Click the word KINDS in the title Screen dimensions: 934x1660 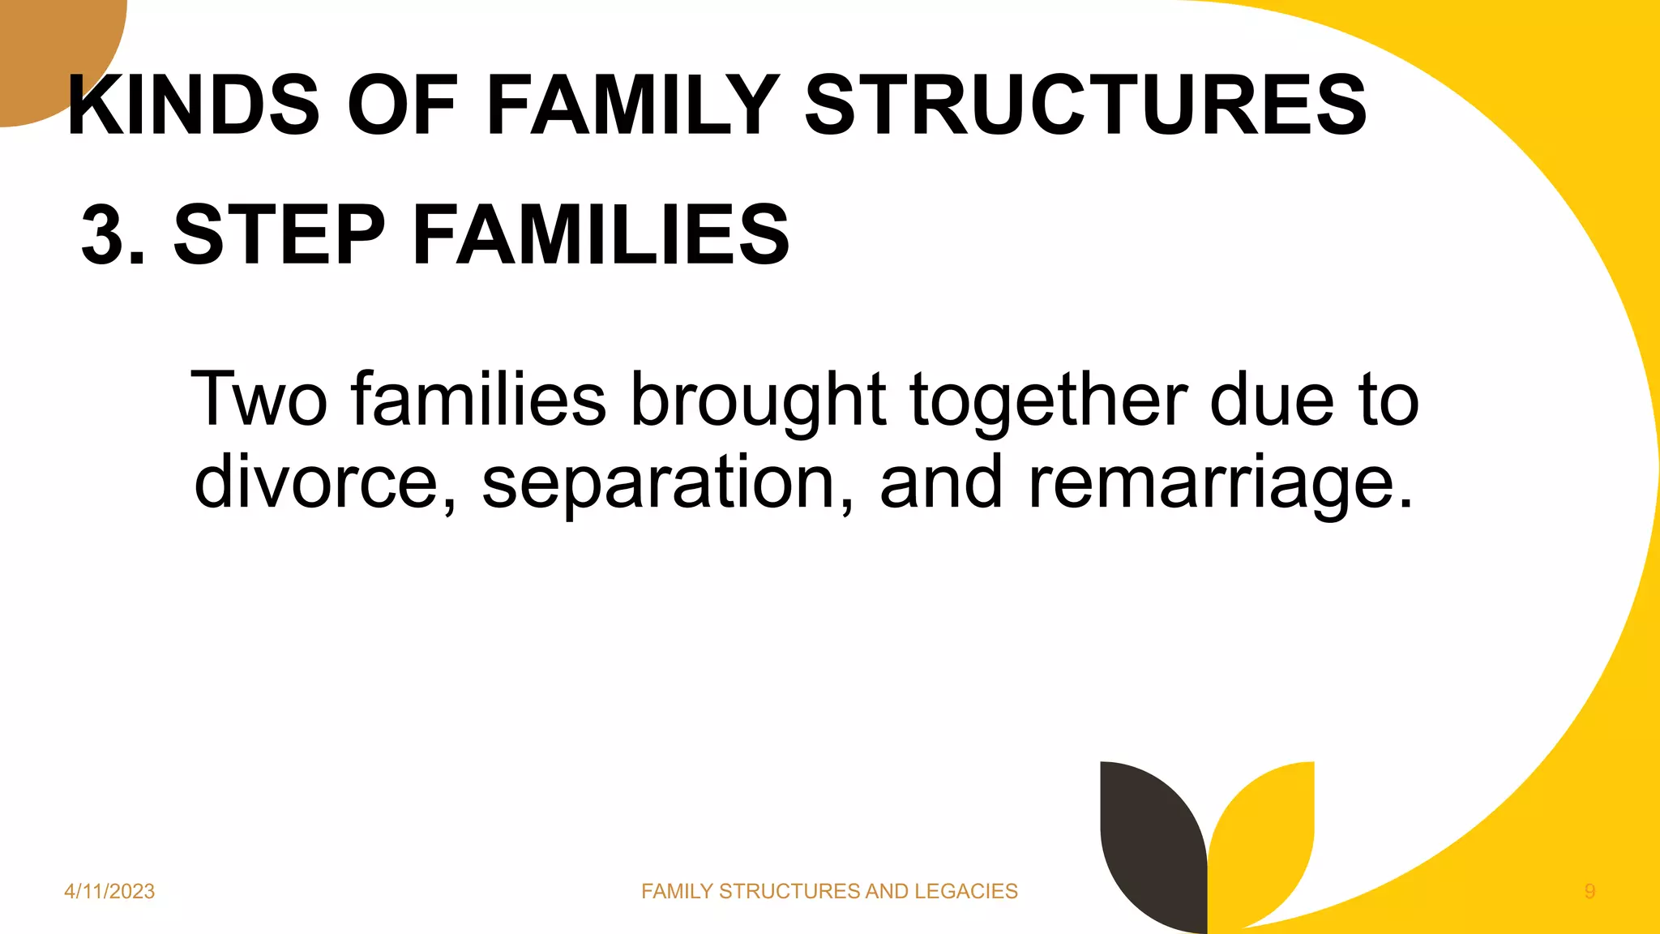[195, 105]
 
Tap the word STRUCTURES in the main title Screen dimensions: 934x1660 [1085, 105]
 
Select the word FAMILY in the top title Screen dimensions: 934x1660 [633, 105]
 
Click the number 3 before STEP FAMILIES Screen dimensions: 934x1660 [103, 235]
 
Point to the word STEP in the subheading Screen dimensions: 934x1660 [279, 235]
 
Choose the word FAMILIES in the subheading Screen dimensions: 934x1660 [601, 235]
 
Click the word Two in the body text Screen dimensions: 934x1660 [259, 399]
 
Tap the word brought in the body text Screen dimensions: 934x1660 [759, 399]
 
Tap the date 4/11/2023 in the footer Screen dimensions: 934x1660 [109, 891]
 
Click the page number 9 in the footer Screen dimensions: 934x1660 [1589, 891]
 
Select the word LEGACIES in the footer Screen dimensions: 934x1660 [965, 891]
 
